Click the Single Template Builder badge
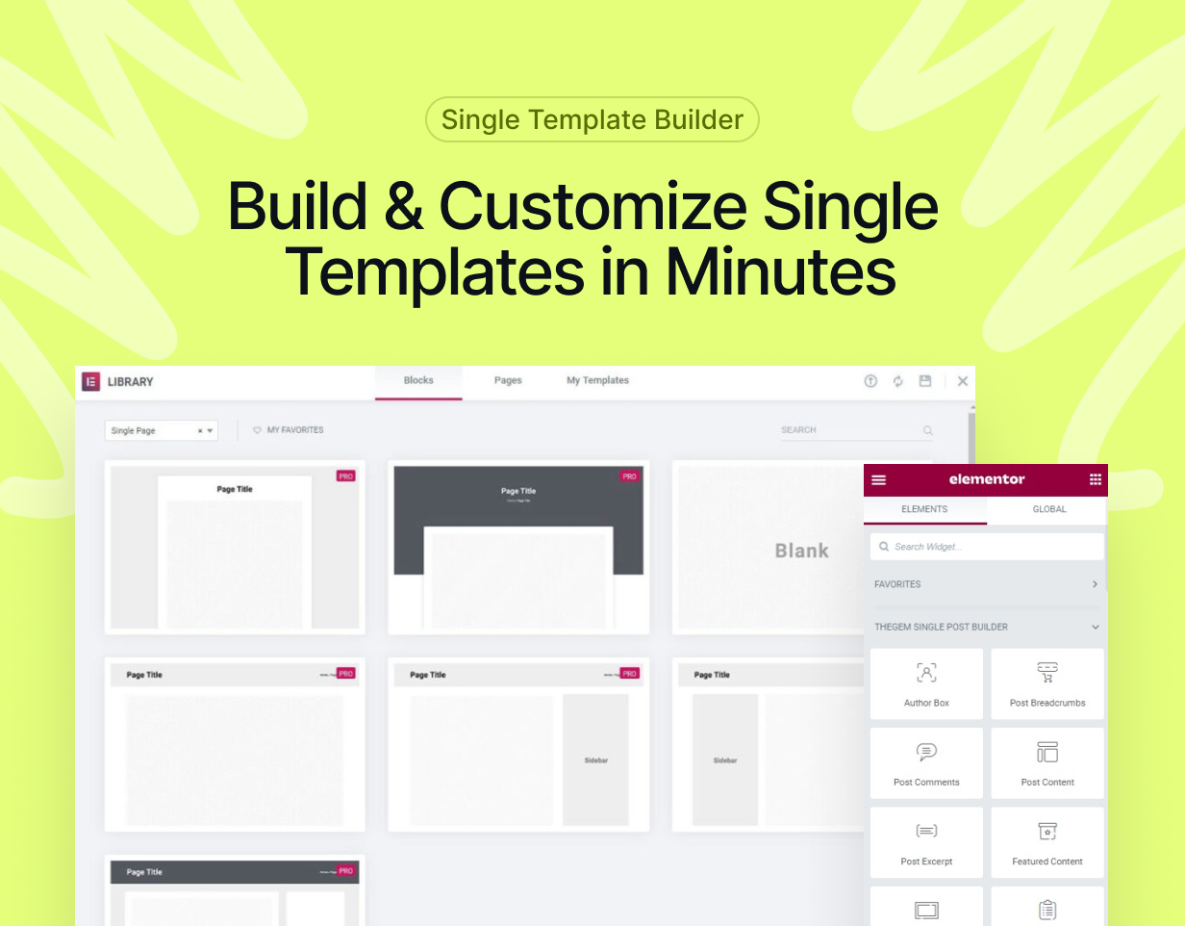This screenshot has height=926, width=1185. pyautogui.click(x=592, y=120)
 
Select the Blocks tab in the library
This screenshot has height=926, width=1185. pyautogui.click(x=418, y=381)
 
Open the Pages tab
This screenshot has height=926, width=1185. pyautogui.click(x=508, y=381)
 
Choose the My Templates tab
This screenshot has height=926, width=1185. pyautogui.click(x=597, y=381)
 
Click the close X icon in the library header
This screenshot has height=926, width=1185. pyautogui.click(x=963, y=381)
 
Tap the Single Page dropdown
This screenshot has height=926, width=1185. pyautogui.click(x=162, y=431)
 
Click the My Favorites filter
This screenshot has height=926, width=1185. pyautogui.click(x=289, y=430)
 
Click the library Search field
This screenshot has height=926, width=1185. pyautogui.click(x=851, y=430)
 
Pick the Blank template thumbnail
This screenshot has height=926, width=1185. pyautogui.click(x=769, y=549)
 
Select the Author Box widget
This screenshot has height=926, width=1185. pyautogui.click(x=926, y=683)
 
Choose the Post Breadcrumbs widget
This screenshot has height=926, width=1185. pyautogui.click(x=1047, y=683)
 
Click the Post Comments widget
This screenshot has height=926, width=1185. pyautogui.click(x=926, y=763)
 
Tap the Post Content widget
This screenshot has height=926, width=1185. pyautogui.click(x=1047, y=763)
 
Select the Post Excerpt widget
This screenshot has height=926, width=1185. pyautogui.click(x=926, y=842)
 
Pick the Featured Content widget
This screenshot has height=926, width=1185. pyautogui.click(x=1047, y=842)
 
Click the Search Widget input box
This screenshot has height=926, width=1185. pyautogui.click(x=987, y=547)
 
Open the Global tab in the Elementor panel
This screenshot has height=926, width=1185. pyautogui.click(x=1048, y=509)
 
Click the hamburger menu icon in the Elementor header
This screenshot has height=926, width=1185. pyautogui.click(x=878, y=479)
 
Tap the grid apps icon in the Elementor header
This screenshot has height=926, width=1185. pyautogui.click(x=1095, y=479)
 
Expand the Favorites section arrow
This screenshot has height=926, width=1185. pyautogui.click(x=1095, y=584)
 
